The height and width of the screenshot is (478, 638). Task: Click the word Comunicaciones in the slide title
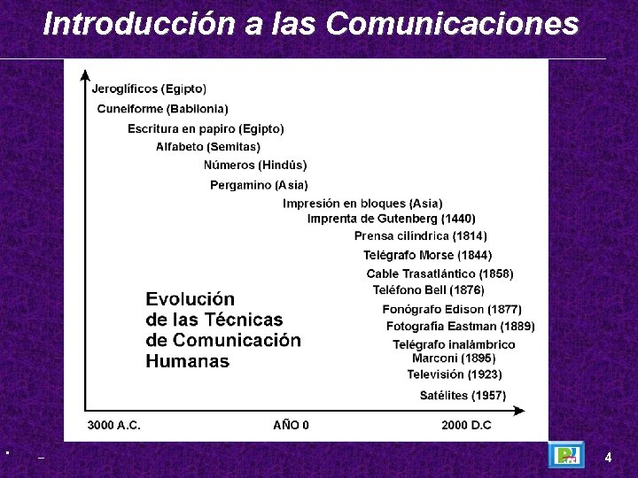[x=452, y=24]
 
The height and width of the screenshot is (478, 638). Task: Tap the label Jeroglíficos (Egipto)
[x=149, y=89]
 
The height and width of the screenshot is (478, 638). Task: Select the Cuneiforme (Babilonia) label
[x=162, y=109]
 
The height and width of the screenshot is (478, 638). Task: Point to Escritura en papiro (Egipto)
[x=206, y=128]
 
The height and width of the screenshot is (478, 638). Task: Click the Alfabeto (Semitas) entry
[x=208, y=146]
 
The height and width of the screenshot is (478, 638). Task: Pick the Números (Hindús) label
[x=255, y=165]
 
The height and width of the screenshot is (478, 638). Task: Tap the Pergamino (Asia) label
[x=259, y=185]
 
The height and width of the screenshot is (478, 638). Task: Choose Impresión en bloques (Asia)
[x=362, y=204]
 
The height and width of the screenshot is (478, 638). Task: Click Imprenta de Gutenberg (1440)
[x=391, y=218]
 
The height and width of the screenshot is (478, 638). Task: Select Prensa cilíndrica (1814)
[x=420, y=236]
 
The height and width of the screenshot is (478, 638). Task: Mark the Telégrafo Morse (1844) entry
[x=427, y=255]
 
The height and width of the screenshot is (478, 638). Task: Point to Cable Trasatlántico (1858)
[x=440, y=274]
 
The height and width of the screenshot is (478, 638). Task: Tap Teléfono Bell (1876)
[x=428, y=289]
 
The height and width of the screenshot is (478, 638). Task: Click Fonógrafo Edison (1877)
[x=452, y=309]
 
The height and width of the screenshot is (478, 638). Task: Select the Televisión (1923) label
[x=454, y=374]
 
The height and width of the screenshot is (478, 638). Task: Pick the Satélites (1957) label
[x=463, y=395]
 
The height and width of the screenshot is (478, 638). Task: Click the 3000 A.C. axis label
[x=113, y=425]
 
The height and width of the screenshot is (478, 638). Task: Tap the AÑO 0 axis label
[x=291, y=425]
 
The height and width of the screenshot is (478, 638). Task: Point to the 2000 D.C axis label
[x=466, y=425]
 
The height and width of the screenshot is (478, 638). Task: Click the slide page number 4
[x=608, y=458]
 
